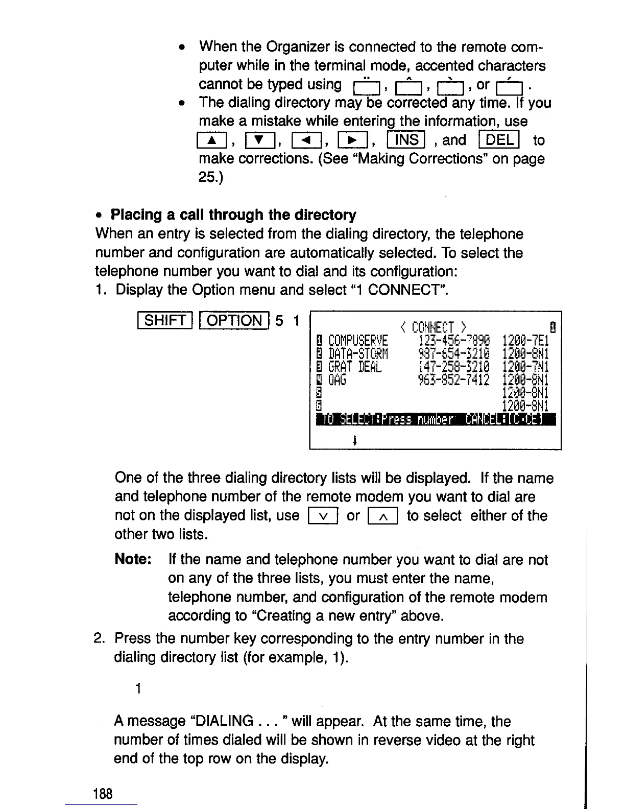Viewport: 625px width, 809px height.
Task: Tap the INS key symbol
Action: click(406, 140)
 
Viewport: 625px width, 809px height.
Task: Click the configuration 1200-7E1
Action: click(525, 341)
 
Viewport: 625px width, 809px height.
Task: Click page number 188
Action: click(102, 794)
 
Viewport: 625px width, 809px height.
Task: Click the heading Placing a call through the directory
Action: click(233, 215)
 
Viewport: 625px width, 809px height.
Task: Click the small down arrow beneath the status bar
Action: click(354, 438)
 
